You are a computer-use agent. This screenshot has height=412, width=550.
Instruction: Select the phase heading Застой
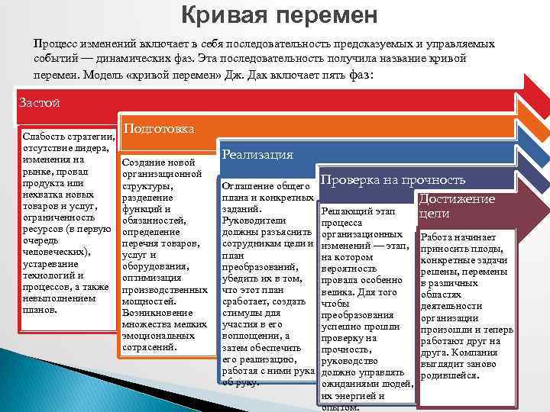click(38, 103)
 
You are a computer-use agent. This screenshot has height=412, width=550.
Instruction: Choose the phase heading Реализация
click(257, 154)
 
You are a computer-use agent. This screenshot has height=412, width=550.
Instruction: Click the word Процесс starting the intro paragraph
click(57, 44)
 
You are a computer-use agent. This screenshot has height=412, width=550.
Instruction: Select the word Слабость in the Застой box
click(47, 136)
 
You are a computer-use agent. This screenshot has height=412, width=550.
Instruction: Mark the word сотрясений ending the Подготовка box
click(149, 347)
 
